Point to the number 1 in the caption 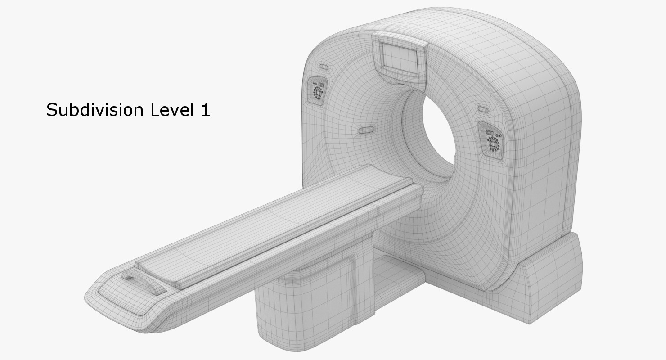click(x=205, y=110)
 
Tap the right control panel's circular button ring click(x=493, y=144)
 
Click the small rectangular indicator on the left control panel click(x=321, y=84)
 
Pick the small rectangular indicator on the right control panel click(x=490, y=133)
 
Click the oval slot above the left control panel click(x=324, y=67)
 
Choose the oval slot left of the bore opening click(x=365, y=130)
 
